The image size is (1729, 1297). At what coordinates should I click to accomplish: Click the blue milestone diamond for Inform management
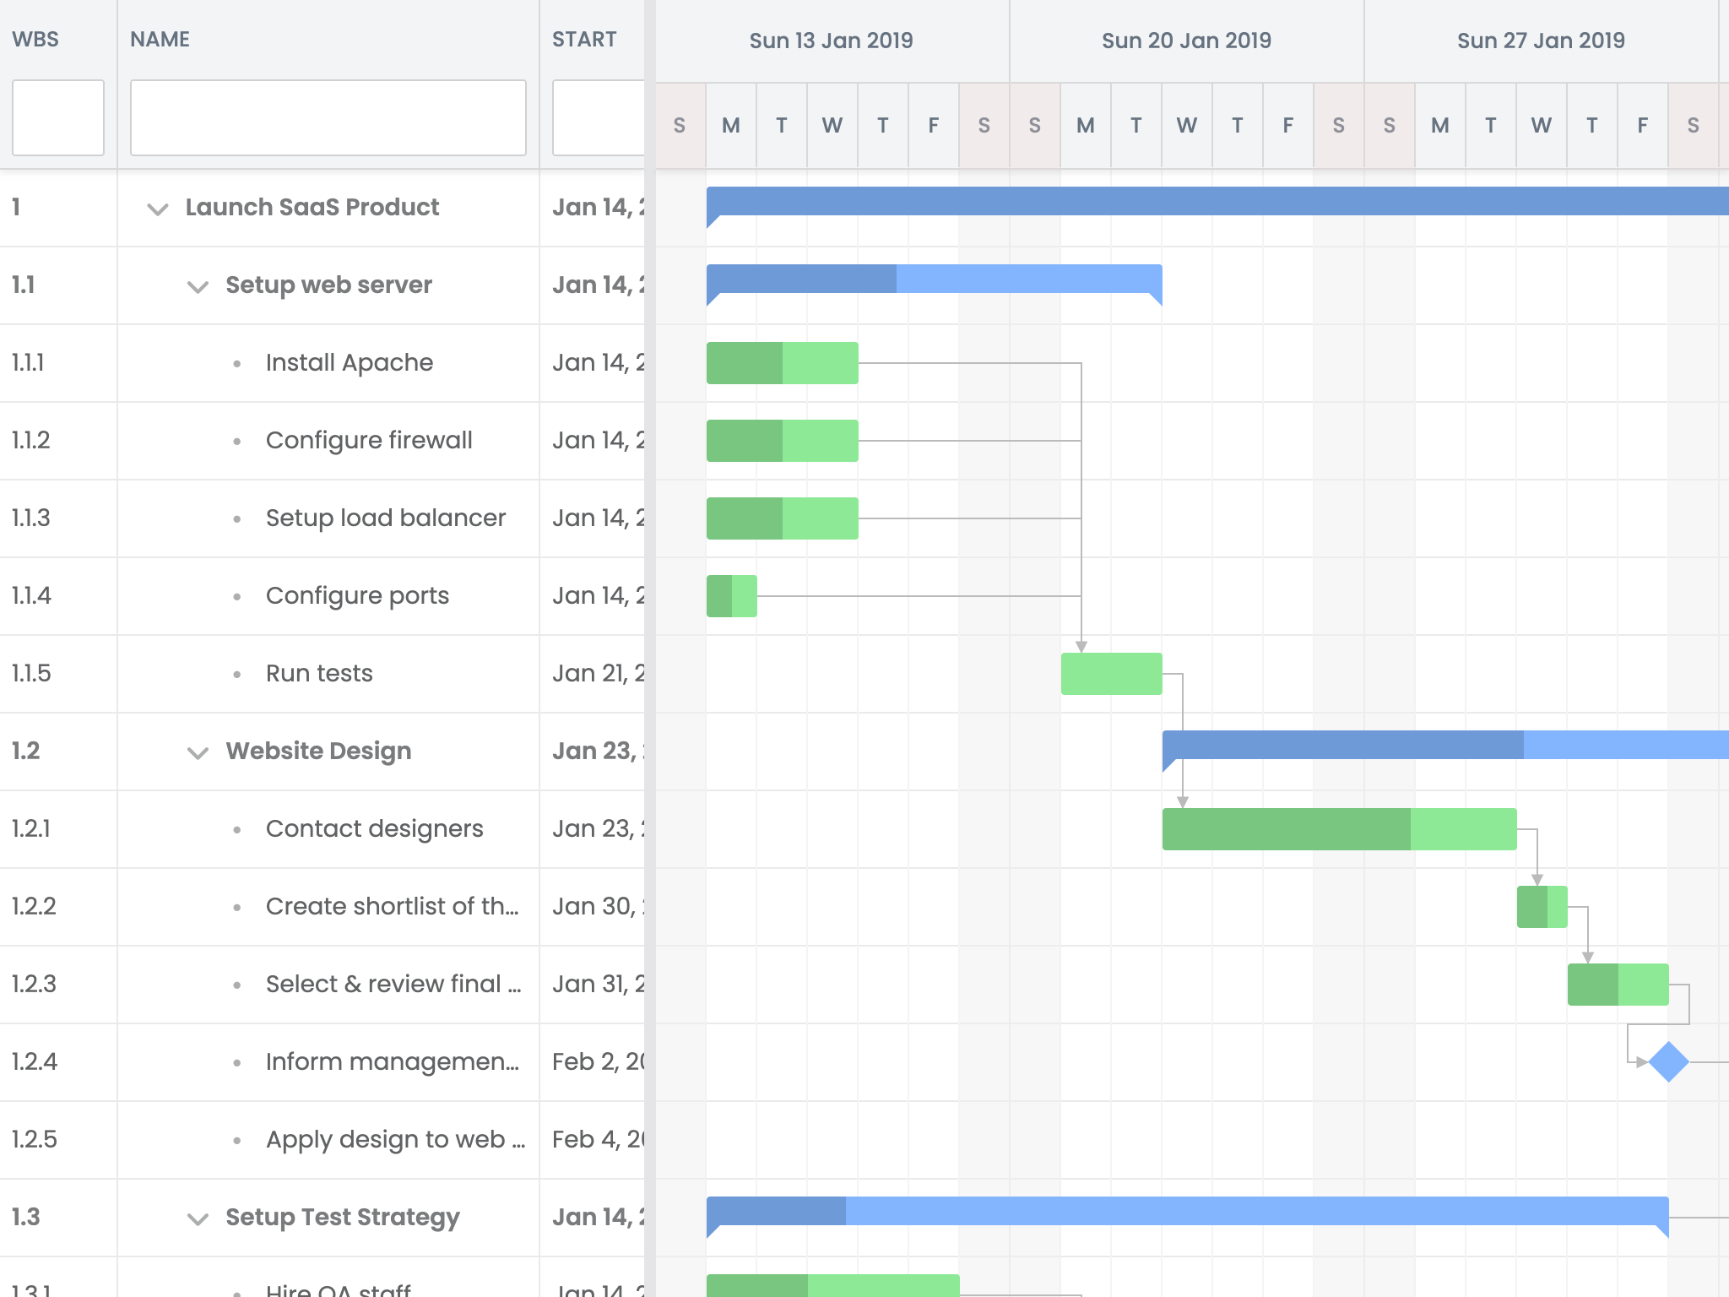coord(1668,1061)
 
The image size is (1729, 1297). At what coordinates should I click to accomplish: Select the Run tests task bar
coord(1111,674)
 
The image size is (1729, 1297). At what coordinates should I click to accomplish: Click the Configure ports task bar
coord(731,596)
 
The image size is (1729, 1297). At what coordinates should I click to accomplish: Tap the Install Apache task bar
coord(782,363)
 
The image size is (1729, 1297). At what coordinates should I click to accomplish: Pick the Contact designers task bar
coord(1339,829)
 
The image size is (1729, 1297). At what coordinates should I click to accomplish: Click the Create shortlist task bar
coord(1542,907)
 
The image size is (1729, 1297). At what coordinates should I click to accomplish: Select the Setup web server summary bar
coord(934,279)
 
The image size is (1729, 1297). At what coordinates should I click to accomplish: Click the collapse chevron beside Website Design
coord(198,752)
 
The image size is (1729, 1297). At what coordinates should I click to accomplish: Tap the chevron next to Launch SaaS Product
coord(158,209)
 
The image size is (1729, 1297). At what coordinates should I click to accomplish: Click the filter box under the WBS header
coord(58,118)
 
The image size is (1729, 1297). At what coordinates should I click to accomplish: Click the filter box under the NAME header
coord(328,118)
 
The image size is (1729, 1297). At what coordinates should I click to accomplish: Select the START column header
coord(584,40)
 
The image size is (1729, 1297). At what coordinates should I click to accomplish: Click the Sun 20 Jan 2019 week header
coord(1186,41)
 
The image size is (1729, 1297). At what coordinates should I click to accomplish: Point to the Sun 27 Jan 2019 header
coord(1541,41)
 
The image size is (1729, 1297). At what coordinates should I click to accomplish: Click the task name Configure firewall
coord(369,440)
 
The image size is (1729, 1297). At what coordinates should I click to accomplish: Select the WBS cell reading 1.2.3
coord(34,984)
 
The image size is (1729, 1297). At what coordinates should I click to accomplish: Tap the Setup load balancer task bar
coord(782,518)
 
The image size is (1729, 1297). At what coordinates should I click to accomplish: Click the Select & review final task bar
coord(1618,985)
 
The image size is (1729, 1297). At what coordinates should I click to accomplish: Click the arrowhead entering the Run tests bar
coord(1081,647)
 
